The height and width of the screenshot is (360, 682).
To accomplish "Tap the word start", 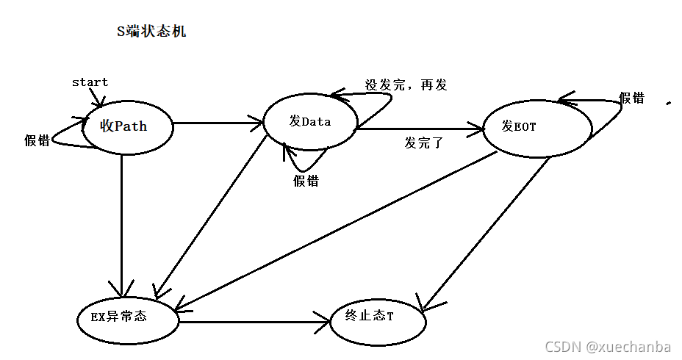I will pos(90,82).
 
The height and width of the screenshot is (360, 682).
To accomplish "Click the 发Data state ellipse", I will pos(309,121).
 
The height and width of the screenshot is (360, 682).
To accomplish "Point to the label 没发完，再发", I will pos(406,84).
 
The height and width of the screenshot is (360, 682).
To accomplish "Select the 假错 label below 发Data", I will pos(306,181).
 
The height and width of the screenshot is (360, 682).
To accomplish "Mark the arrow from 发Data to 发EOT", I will pos(419,130).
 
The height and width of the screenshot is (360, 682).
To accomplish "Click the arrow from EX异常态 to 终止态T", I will pos(254,320).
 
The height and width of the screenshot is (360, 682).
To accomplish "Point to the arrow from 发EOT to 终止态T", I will pos(485,231).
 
